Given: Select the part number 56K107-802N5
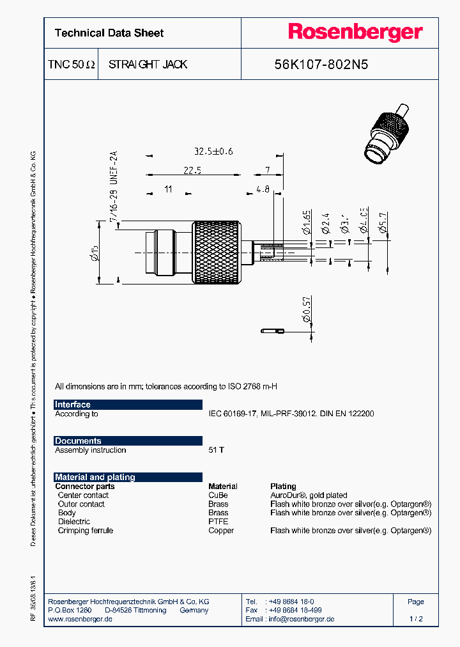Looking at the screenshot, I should [x=321, y=65].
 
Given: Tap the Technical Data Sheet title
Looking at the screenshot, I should [x=109, y=33].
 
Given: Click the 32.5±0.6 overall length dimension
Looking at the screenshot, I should [x=213, y=152].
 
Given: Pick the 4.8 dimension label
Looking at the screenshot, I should [x=263, y=189].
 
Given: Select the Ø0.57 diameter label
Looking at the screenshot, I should [x=307, y=309].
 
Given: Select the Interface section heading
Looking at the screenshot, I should [x=73, y=405].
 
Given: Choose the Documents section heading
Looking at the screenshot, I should [x=78, y=441].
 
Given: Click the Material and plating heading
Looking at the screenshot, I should [x=95, y=477].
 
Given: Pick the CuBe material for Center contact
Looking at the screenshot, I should [x=218, y=495].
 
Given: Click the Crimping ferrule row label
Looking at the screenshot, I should [x=85, y=531].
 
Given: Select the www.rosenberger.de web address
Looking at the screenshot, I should [x=80, y=619].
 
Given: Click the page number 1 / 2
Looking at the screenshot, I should [x=415, y=619].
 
